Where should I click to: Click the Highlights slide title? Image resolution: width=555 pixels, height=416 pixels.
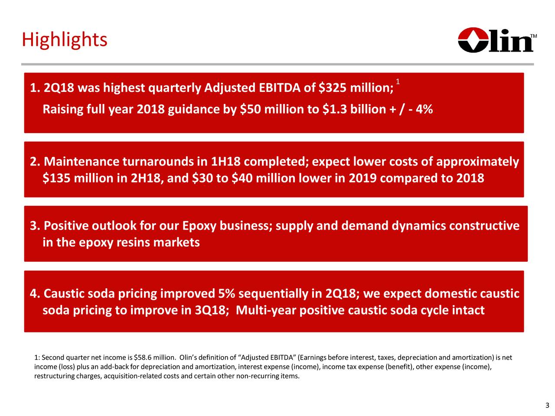[x=64, y=40]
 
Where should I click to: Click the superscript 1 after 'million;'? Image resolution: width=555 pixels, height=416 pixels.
[x=398, y=82]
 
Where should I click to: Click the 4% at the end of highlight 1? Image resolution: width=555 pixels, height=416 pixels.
[x=424, y=109]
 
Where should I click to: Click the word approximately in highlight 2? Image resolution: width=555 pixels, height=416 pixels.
[x=477, y=162]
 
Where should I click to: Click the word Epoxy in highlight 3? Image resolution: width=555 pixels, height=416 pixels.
[x=199, y=226]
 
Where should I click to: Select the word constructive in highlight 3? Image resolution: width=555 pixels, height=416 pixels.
[x=484, y=226]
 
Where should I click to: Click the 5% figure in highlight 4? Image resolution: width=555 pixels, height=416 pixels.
[x=227, y=294]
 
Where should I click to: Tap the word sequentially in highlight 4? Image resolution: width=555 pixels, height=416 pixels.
[x=274, y=294]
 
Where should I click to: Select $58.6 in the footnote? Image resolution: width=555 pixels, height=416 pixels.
[x=143, y=357]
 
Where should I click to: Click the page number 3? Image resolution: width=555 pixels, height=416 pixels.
[x=547, y=406]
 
